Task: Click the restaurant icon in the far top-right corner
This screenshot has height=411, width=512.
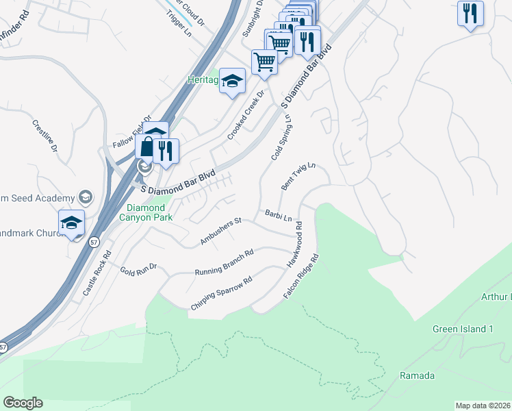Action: click(470, 14)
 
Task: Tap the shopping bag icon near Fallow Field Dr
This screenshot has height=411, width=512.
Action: click(148, 147)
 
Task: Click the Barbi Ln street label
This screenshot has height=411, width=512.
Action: click(278, 215)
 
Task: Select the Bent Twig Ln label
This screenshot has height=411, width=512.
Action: click(298, 177)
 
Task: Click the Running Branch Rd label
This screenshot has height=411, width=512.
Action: click(225, 262)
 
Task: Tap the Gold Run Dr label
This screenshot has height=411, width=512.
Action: click(139, 266)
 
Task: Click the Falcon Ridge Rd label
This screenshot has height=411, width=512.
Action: click(302, 276)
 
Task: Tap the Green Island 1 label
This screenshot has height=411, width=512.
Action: click(463, 329)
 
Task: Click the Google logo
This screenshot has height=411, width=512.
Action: click(23, 403)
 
